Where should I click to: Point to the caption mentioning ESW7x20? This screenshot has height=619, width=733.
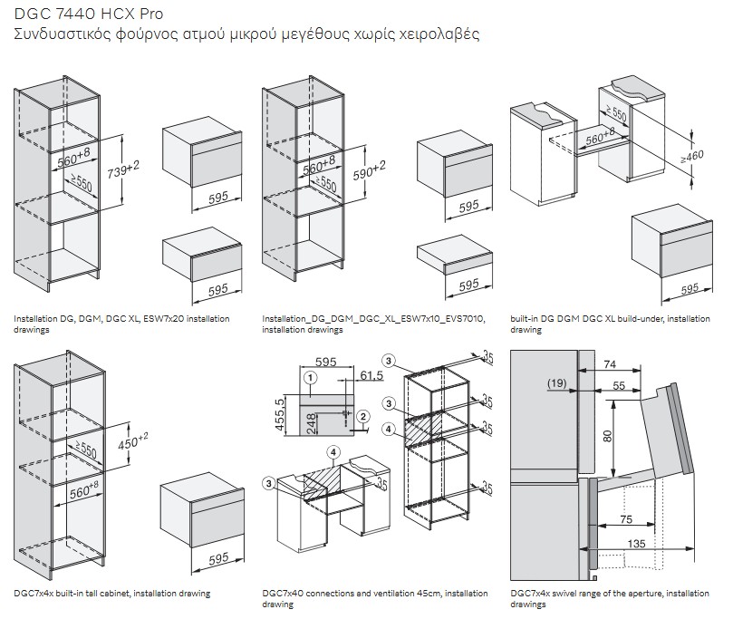pyautogui.click(x=121, y=324)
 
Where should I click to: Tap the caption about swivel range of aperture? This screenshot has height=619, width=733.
pyautogui.click(x=610, y=598)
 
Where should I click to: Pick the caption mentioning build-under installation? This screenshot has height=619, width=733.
pyautogui.click(x=610, y=324)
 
